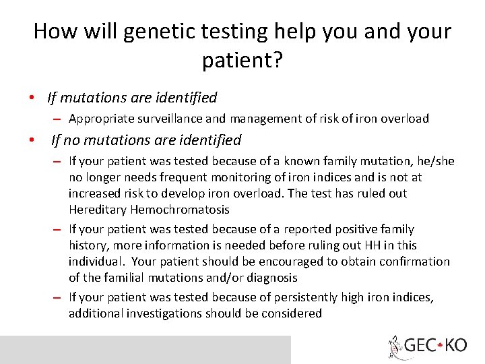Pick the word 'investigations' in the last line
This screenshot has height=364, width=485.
[160, 313]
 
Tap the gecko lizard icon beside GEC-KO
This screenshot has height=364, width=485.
[395, 346]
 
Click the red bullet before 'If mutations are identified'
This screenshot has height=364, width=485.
[32, 98]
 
